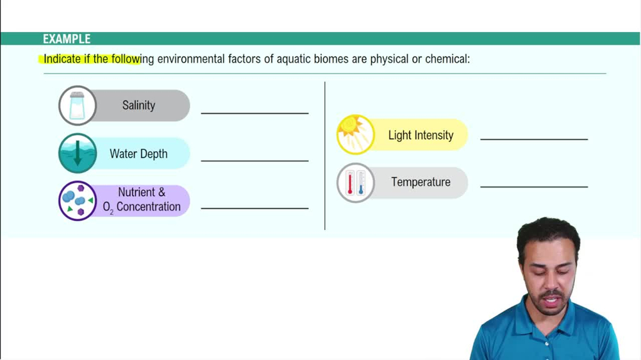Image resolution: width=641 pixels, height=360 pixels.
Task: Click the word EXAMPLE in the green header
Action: point(67,39)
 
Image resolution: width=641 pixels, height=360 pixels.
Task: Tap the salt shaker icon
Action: point(78,106)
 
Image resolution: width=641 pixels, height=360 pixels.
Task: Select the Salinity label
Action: point(138,106)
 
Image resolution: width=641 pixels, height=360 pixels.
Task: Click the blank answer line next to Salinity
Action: point(254,113)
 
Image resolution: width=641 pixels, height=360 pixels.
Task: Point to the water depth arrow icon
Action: point(78,154)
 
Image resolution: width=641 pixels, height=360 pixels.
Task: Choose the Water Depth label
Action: point(138,154)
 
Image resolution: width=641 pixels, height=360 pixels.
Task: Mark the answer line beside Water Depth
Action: point(254,160)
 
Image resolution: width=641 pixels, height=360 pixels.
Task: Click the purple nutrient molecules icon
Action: point(78,201)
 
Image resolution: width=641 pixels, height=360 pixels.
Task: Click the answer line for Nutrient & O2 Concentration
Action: point(254,208)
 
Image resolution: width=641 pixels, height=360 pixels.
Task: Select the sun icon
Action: point(356,135)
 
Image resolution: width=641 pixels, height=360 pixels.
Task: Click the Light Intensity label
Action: point(420,135)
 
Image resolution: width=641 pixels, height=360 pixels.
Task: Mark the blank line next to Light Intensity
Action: point(534,138)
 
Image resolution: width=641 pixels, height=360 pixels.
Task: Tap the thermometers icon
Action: point(356,183)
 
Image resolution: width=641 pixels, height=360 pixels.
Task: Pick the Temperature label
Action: point(420,182)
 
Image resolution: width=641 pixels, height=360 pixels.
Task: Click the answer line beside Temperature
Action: point(534,186)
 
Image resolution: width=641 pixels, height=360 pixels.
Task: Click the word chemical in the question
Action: point(447,59)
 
